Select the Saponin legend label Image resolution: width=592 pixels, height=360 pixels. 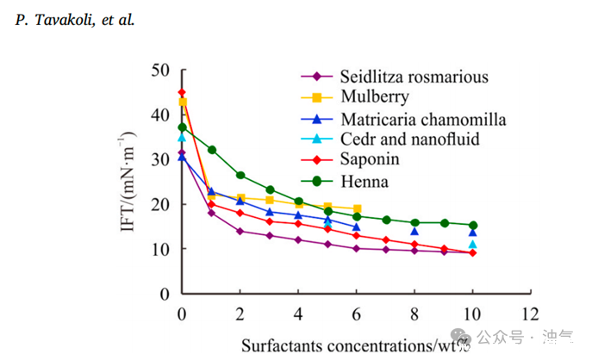370,159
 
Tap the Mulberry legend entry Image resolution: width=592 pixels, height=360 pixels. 373,97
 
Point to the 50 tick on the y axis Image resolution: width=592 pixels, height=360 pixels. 159,70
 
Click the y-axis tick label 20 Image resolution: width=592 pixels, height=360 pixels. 159,204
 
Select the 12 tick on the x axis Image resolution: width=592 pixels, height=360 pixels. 531,312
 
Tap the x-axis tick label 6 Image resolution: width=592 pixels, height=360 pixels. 357,312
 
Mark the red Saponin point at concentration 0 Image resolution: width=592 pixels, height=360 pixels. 182,93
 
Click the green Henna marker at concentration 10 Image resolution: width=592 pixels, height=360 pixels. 473,226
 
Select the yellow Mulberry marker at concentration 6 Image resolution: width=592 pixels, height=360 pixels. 357,208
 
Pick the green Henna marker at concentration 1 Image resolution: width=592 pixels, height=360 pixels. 211,150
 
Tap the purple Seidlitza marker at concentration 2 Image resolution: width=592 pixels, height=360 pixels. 240,231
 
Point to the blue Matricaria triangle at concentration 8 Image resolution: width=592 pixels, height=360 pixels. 414,231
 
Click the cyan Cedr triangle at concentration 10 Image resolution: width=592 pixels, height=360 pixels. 473,245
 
